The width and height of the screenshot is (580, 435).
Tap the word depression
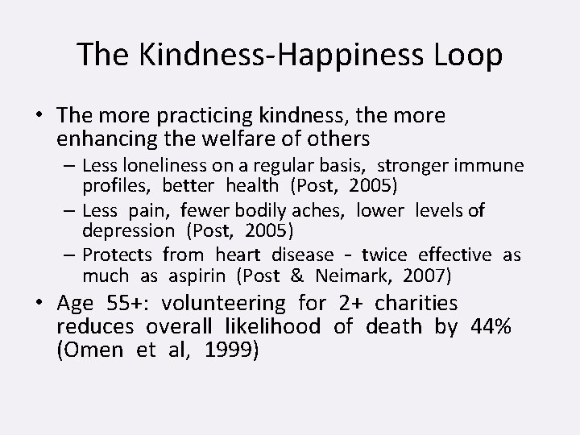(x=127, y=231)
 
